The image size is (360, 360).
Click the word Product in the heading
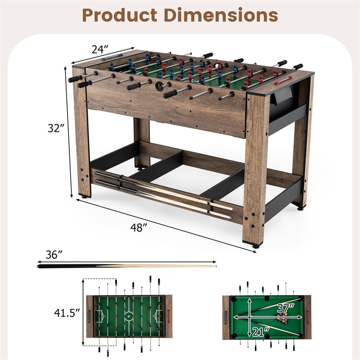coord(120,15)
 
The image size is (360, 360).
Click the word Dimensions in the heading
coord(221,15)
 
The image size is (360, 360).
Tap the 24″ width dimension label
coord(100,49)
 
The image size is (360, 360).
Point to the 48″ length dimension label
coord(139,228)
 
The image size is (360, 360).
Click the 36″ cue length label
coord(54,254)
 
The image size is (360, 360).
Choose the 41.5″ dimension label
coord(67,312)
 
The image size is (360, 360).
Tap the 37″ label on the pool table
coord(286,308)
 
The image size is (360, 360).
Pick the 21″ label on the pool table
coord(261,332)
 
